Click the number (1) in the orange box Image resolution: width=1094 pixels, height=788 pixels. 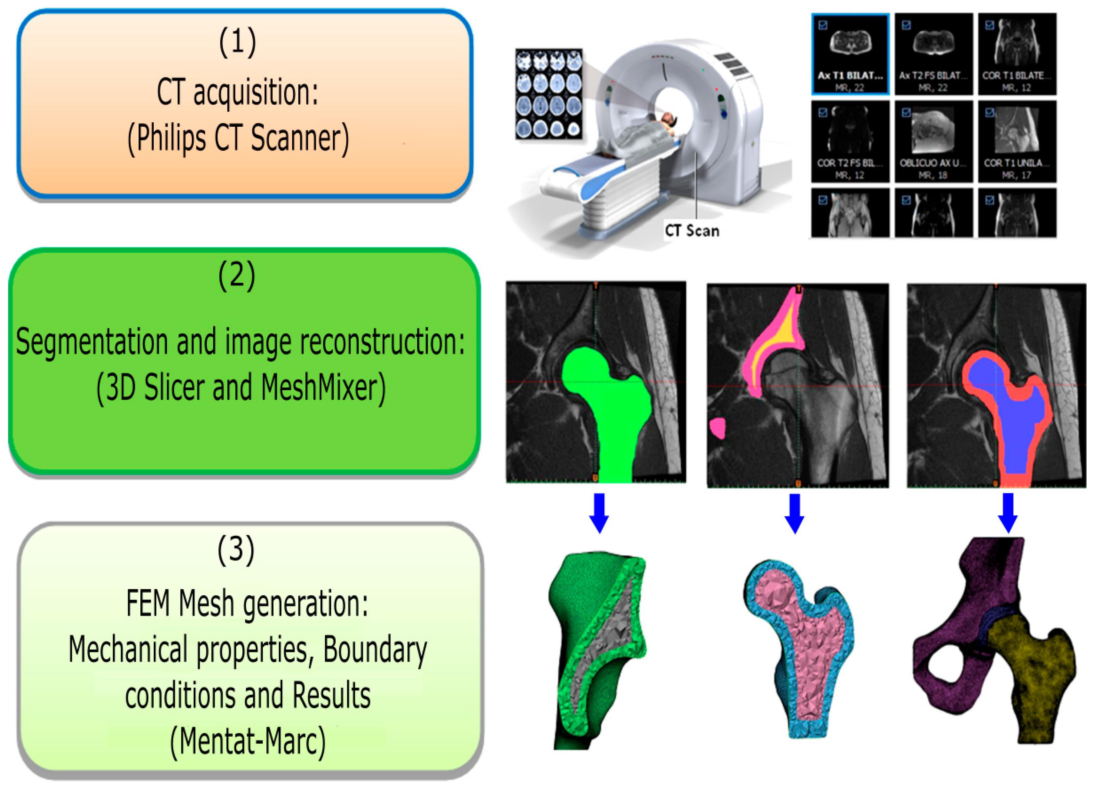pyautogui.click(x=237, y=43)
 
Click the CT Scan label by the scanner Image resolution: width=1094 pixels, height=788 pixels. pyautogui.click(x=692, y=231)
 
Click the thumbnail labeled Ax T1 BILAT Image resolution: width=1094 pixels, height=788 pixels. pyautogui.click(x=850, y=54)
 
